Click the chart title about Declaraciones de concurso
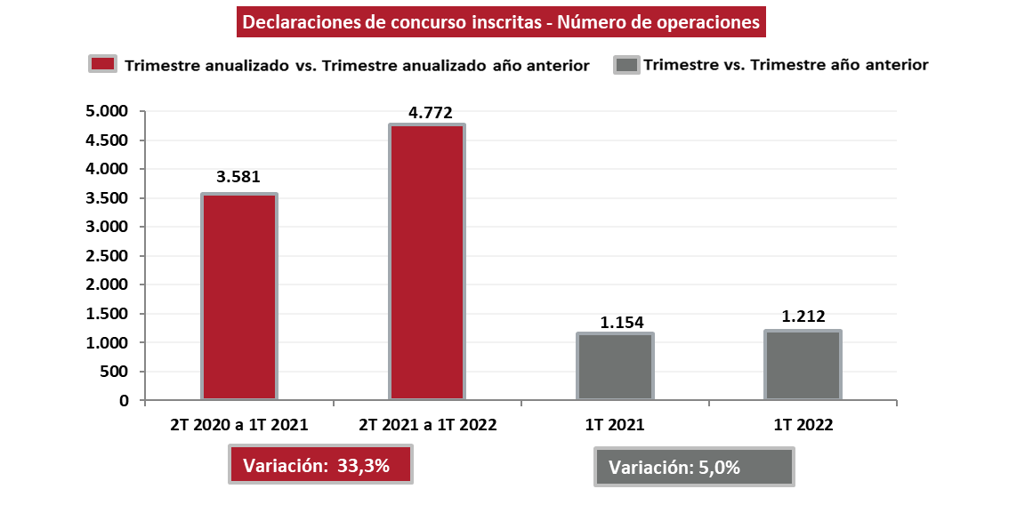coord(501,22)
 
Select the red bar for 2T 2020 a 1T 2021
coord(239,297)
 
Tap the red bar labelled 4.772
coord(427,262)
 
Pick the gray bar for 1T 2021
coord(615,366)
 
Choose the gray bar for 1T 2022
coord(803,365)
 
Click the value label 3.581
coord(239,176)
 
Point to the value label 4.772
coord(431,112)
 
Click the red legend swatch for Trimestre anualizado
coord(103,65)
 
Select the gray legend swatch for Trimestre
coord(626,65)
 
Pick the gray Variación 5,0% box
coord(694,468)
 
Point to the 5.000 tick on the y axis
coord(109,111)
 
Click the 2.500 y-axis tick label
coord(109,256)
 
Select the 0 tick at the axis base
coord(124,401)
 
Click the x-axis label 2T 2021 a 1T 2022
coord(427,425)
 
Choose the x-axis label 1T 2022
coord(803,425)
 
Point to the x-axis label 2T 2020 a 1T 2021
coord(239,425)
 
